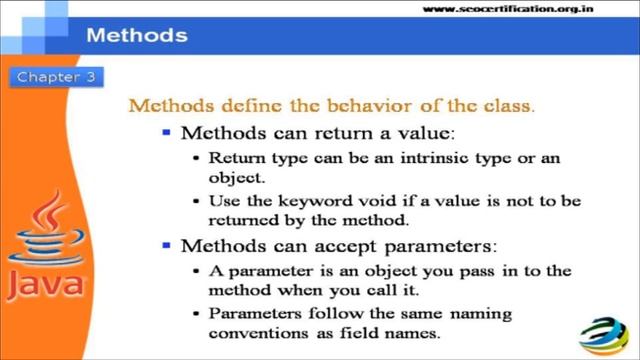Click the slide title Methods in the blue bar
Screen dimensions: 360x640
tap(137, 36)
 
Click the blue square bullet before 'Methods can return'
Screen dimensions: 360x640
tap(166, 131)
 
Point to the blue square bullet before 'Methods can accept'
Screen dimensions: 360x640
tap(166, 244)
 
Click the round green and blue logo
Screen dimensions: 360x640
tap(606, 329)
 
